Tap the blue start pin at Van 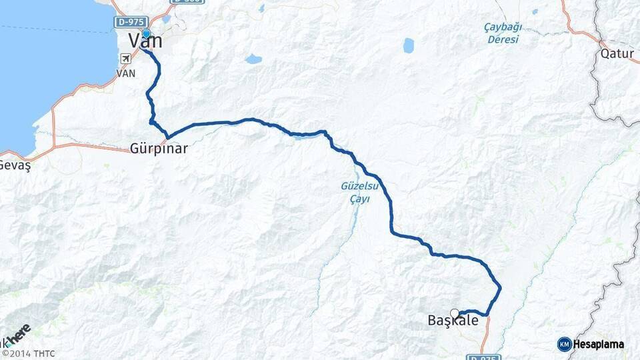(146, 33)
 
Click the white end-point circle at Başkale (455, 313)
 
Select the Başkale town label (453, 321)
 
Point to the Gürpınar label (159, 149)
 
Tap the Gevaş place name (15, 165)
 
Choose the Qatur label (617, 52)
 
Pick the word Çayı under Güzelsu (360, 199)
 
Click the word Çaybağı (503, 27)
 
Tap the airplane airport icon (125, 58)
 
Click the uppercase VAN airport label (126, 73)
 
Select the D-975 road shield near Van (129, 23)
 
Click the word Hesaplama (599, 344)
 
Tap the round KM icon (565, 344)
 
